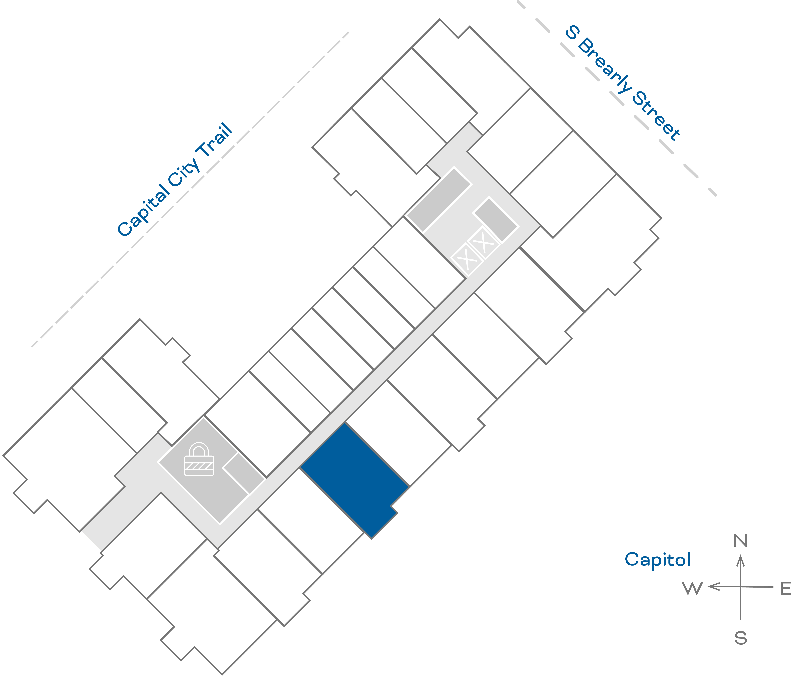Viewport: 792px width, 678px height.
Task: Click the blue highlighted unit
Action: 354,478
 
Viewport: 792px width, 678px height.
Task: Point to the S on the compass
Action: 740,638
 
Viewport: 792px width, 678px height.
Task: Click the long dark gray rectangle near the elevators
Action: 439,200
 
